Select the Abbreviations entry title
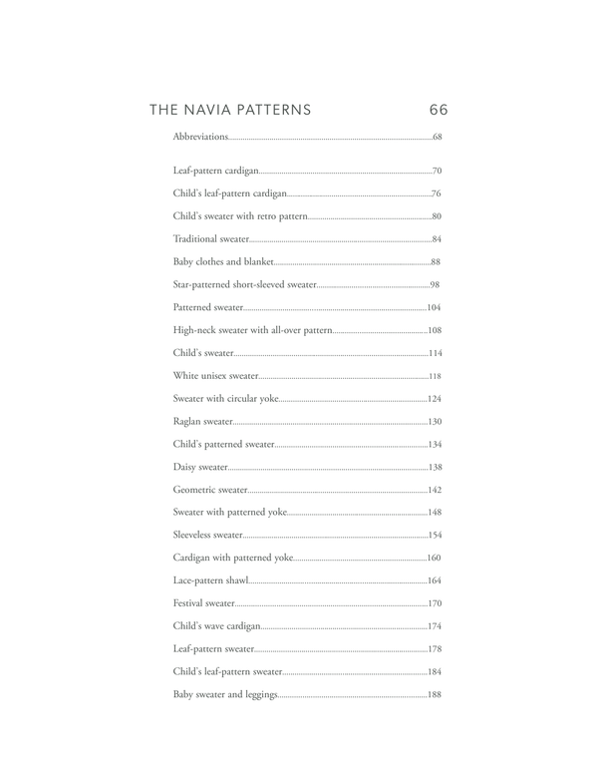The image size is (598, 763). tap(200, 136)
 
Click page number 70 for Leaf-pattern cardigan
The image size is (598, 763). tap(437, 172)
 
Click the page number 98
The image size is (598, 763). tap(437, 285)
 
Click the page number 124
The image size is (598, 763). tap(435, 399)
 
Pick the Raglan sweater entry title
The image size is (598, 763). tap(203, 421)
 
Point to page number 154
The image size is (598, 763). tap(435, 535)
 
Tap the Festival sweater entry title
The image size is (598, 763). tap(204, 603)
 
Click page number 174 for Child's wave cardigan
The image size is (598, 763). tap(435, 626)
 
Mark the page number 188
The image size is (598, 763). tap(435, 694)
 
